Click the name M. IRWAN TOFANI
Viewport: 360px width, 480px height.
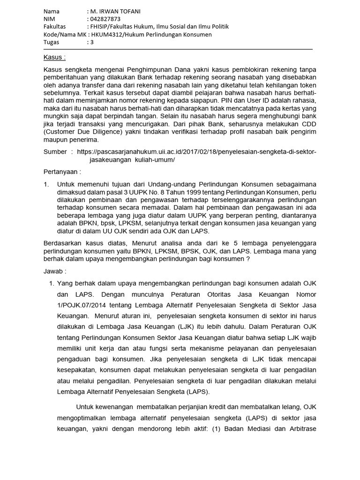pyautogui.click(x=115, y=11)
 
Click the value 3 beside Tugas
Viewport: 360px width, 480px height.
pyautogui.click(x=92, y=42)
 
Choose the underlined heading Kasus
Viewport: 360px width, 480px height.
pyautogui.click(x=54, y=58)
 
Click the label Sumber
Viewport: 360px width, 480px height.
pyautogui.click(x=55, y=152)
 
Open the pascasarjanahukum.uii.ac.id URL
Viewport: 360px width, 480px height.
pyautogui.click(x=197, y=152)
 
